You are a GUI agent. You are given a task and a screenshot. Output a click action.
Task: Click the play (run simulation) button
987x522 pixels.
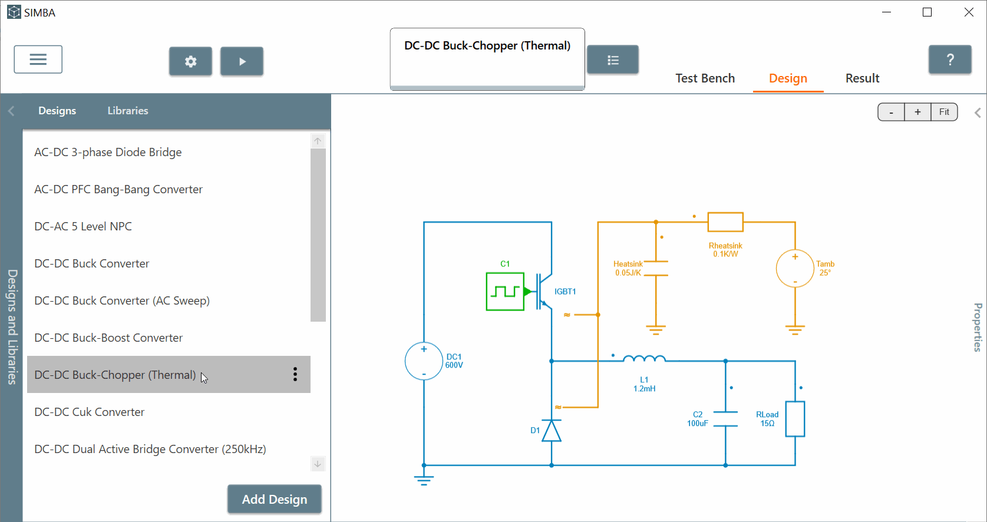coord(242,61)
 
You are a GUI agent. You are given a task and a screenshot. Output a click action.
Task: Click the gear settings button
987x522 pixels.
coord(190,61)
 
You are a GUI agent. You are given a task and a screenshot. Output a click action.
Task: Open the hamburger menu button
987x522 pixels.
coord(38,60)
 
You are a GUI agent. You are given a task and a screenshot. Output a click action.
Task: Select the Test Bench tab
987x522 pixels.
coord(705,78)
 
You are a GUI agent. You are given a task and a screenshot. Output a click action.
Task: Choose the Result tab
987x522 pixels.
coord(862,78)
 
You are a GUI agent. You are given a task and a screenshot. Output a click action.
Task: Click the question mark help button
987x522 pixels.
coord(950,60)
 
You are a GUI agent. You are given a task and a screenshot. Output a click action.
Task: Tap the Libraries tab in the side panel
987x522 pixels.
coord(128,111)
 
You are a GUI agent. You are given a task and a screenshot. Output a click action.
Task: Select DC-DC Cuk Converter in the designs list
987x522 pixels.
coord(90,412)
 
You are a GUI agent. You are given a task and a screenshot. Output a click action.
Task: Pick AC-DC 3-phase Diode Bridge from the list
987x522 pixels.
coord(108,152)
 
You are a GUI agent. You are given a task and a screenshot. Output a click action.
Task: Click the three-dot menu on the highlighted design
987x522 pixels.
coord(295,375)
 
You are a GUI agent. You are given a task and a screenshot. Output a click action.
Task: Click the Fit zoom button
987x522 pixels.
coord(944,112)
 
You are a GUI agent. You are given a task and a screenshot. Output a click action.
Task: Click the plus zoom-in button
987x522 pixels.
coord(917,112)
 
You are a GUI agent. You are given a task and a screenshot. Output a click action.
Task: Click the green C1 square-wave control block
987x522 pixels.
coord(505,291)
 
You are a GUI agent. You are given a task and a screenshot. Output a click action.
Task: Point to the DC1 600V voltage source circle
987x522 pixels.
coord(424,361)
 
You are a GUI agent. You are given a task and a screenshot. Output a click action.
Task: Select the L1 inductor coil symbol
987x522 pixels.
coord(644,358)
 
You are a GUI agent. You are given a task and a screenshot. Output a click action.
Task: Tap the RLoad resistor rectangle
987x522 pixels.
coord(795,419)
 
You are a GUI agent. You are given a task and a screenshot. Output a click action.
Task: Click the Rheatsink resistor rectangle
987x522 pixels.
coord(725,222)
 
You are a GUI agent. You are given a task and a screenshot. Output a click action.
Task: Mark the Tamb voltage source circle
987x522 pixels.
coord(795,269)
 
